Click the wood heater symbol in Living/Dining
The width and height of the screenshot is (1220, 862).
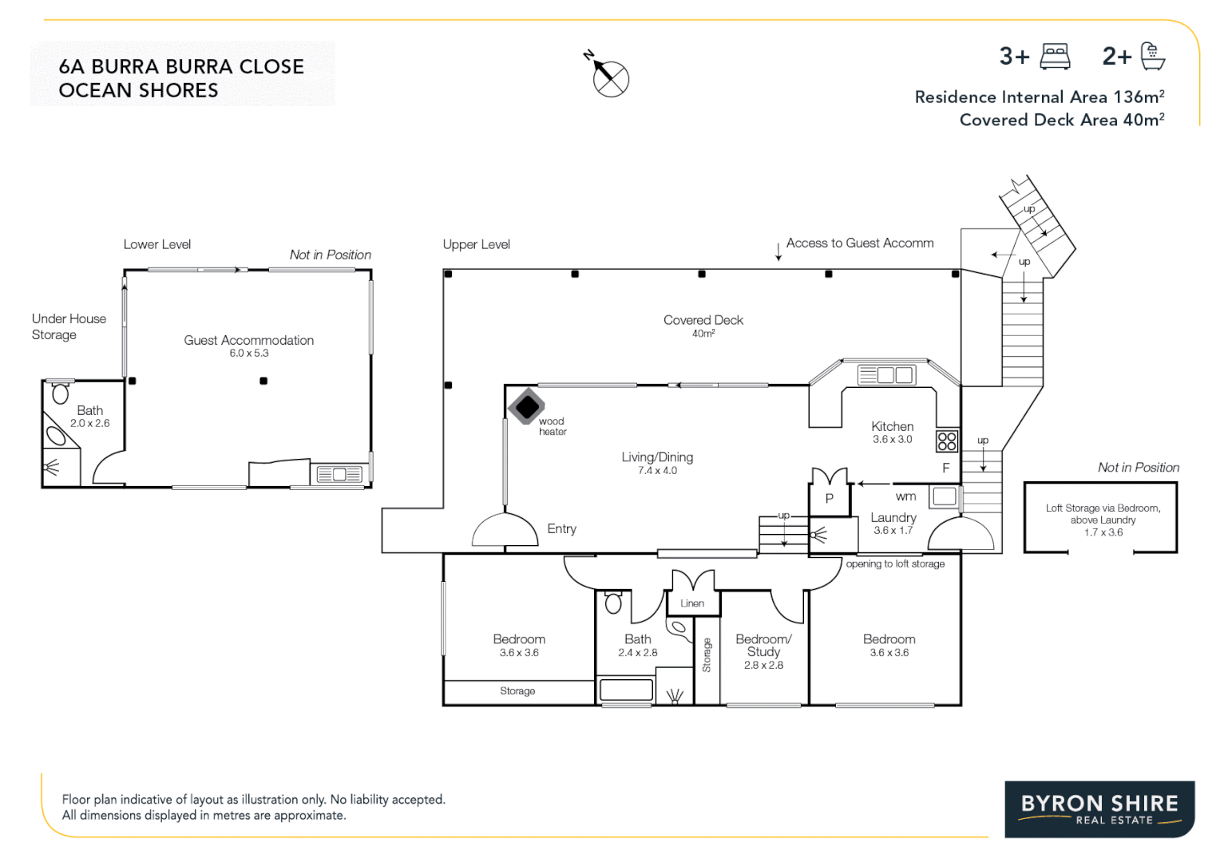[526, 406]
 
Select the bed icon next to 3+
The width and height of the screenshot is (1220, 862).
[1056, 57]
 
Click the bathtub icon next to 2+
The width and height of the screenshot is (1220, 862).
[1152, 57]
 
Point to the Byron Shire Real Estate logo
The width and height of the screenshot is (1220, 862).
[1099, 809]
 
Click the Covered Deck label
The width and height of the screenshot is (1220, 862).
[703, 320]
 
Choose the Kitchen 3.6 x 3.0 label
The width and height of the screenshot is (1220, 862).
[892, 432]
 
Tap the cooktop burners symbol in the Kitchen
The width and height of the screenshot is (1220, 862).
[947, 441]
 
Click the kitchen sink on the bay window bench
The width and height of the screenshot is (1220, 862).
[886, 375]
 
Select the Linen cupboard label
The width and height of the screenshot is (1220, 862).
[692, 603]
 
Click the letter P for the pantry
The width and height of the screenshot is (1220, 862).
[830, 499]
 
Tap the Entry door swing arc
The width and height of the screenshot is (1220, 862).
[505, 528]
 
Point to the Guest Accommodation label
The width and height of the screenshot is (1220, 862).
[248, 340]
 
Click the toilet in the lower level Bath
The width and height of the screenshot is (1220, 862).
[61, 393]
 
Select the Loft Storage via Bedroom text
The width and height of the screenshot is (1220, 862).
[1103, 508]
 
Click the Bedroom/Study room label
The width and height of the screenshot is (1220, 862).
[763, 645]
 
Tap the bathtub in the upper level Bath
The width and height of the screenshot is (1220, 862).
[626, 690]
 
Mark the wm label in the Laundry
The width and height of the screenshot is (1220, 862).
[905, 496]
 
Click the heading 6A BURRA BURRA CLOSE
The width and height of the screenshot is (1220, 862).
[181, 66]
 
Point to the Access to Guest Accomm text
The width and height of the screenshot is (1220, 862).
[859, 243]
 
